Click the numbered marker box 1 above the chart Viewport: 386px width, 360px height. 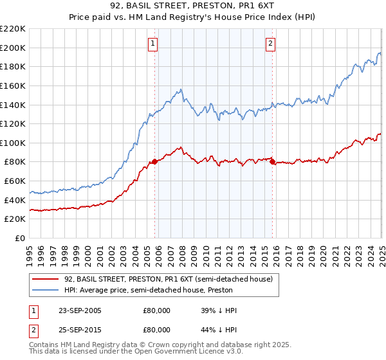click(x=153, y=44)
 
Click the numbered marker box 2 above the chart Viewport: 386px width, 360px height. click(x=270, y=44)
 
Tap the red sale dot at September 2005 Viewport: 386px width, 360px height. click(x=155, y=162)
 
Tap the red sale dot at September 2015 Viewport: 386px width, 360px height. click(x=272, y=162)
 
